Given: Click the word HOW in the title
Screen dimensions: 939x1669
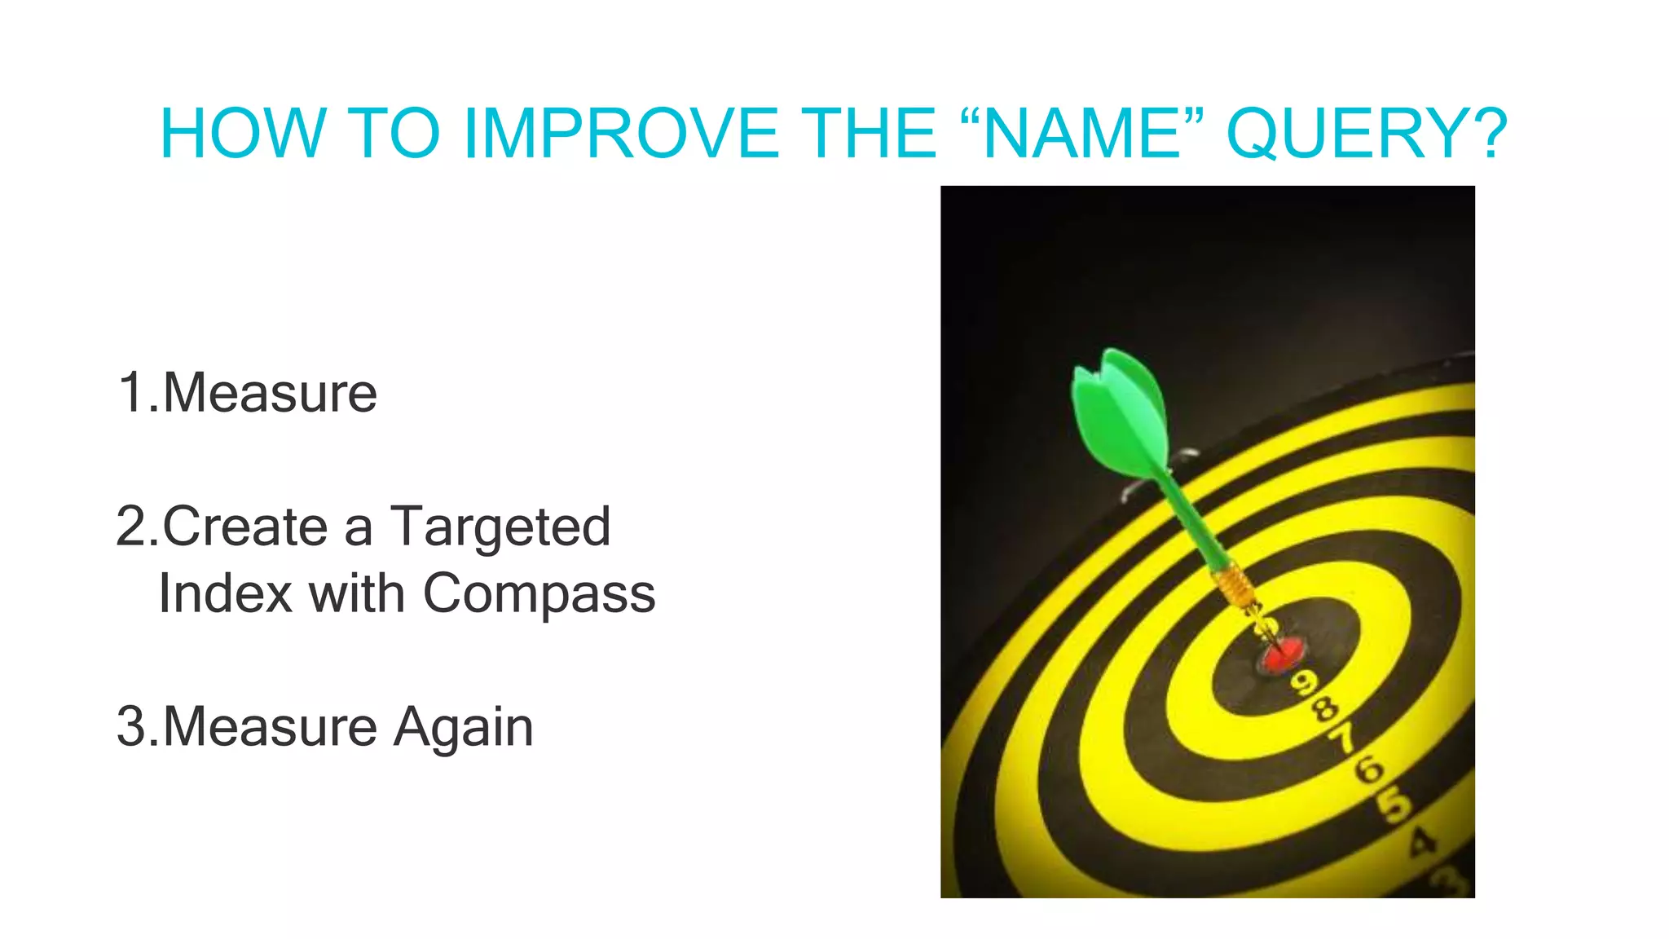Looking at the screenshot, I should coord(243,134).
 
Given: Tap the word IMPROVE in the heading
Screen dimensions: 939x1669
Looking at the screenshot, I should coord(619,134).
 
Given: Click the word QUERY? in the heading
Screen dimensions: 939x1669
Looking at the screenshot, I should coord(1367,134).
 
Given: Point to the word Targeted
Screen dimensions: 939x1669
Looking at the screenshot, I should coord(500,527).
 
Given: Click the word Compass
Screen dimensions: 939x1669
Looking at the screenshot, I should coord(539,593).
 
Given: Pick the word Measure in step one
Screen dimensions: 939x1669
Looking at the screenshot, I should coord(270,393).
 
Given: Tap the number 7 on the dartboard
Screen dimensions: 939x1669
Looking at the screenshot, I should coord(1343,738).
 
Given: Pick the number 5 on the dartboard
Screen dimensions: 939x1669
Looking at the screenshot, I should coord(1394,805).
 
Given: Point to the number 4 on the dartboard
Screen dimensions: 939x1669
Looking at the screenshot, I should coord(1423,842).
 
